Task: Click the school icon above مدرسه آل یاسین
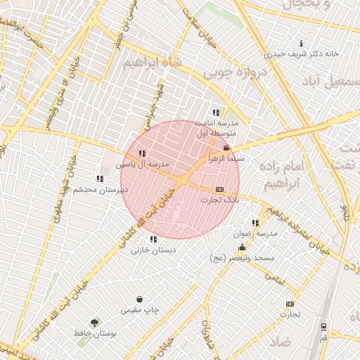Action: click(x=142, y=153)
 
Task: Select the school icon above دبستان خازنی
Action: click(x=153, y=239)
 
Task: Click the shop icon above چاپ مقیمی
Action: click(x=139, y=299)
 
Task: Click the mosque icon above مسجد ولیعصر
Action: click(x=243, y=247)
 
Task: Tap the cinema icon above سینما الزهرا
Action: click(x=226, y=148)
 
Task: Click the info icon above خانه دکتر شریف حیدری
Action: click(x=302, y=43)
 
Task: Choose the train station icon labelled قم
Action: click(x=323, y=327)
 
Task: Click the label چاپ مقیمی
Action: click(x=141, y=309)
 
